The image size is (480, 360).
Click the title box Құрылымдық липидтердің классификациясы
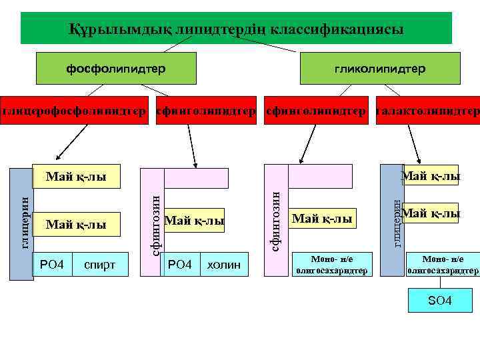pyautogui.click(x=236, y=28)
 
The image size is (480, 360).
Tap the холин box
pyautogui.click(x=224, y=265)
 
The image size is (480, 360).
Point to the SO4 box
pyautogui.click(x=439, y=301)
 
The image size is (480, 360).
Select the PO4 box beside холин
pyautogui.click(x=180, y=265)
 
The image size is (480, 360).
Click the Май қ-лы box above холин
pyautogui.click(x=194, y=220)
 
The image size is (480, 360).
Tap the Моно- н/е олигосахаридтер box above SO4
pyautogui.click(x=443, y=265)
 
